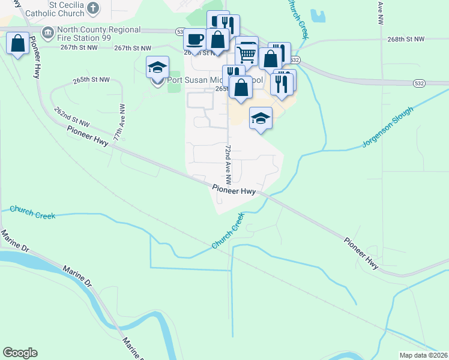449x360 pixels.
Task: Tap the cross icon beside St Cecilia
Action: tap(93, 8)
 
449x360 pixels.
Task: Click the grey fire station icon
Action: tap(47, 31)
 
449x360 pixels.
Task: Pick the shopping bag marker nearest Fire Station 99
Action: tap(17, 43)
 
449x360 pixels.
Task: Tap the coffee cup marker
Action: tap(194, 40)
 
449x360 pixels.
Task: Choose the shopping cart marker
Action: tap(247, 53)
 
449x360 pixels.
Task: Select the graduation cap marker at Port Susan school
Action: tap(157, 67)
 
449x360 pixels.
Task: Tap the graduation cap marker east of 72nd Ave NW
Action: tap(261, 119)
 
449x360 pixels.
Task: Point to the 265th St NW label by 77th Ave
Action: tap(91, 79)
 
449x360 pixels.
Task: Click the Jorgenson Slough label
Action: tap(388, 127)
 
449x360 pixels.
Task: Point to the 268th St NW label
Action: tap(406, 39)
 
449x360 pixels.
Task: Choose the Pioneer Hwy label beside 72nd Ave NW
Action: tap(234, 190)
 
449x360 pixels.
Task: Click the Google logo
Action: tap(20, 353)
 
